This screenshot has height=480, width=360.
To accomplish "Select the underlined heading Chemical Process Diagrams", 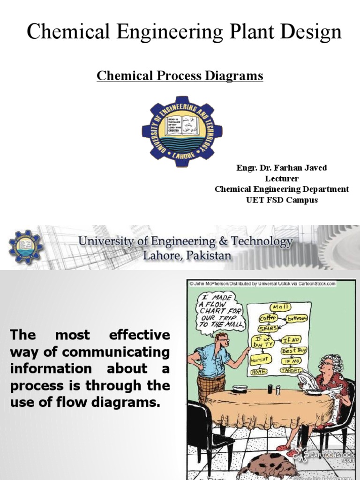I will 180,75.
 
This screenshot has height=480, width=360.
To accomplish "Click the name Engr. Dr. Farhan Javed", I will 282,168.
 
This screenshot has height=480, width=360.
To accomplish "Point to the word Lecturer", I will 282,179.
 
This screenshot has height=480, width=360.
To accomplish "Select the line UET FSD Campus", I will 282,200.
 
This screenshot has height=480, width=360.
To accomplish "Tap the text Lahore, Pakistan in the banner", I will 187,256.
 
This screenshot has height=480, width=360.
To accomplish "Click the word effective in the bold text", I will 139,335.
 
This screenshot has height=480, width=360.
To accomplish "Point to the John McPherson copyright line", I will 262,283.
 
